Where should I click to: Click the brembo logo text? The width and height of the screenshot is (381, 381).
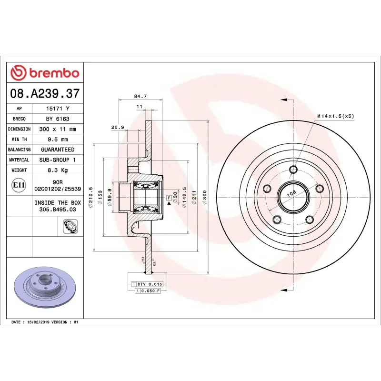tap(54, 73)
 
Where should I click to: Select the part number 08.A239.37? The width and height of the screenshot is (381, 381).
tap(45, 94)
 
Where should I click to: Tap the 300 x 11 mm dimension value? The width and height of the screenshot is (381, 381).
tap(58, 129)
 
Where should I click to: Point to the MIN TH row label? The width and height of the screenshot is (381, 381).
tap(19, 140)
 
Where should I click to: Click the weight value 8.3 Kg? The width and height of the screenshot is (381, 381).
tap(58, 170)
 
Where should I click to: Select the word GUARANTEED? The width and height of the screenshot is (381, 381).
tap(58, 150)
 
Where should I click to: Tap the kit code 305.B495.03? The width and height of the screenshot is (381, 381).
tap(58, 209)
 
